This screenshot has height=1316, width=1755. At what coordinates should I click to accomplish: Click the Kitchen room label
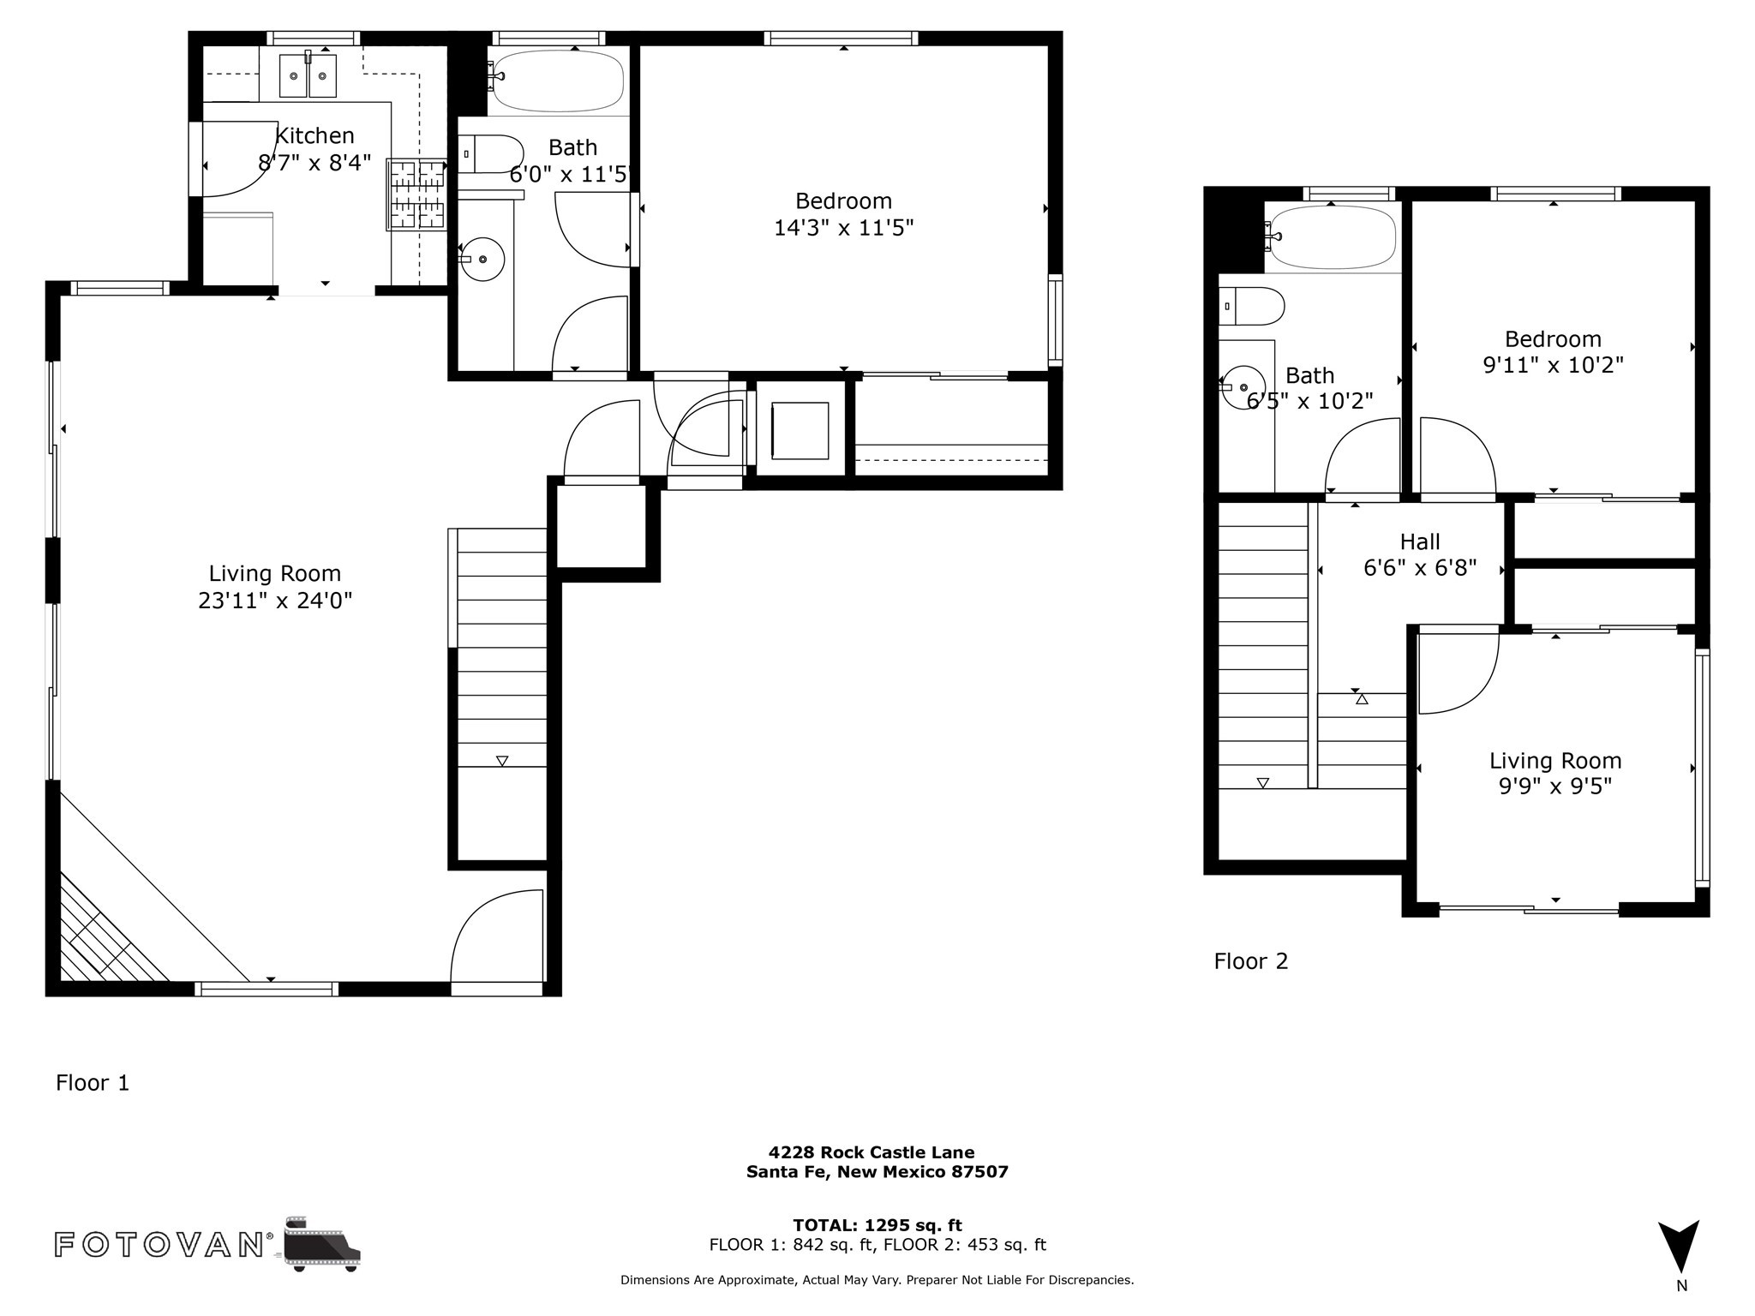[x=314, y=135]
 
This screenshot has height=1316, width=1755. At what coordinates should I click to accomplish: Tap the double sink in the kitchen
[x=308, y=75]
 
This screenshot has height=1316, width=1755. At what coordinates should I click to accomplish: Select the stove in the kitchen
[x=417, y=194]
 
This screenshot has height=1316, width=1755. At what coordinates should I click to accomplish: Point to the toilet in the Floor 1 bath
[x=490, y=154]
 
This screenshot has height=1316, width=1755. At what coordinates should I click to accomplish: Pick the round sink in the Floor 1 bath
[x=482, y=259]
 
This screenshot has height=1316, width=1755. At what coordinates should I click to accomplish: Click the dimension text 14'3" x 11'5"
[x=844, y=228]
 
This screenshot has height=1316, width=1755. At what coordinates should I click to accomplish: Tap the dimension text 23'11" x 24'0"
[x=275, y=601]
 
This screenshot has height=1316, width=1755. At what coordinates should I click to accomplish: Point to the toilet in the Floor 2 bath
[x=1252, y=306]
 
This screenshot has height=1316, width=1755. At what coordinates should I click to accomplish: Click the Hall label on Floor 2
[x=1420, y=541]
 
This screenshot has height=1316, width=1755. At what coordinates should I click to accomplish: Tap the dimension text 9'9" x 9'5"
[x=1555, y=787]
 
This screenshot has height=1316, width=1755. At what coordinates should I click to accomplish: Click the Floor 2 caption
[x=1251, y=961]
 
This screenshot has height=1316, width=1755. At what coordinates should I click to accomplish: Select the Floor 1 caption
[x=93, y=1083]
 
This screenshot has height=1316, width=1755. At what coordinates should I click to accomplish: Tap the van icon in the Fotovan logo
[x=322, y=1244]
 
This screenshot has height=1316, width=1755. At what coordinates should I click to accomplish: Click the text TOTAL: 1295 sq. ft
[x=877, y=1225]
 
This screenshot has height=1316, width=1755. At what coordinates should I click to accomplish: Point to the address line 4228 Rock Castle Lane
[x=872, y=1152]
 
